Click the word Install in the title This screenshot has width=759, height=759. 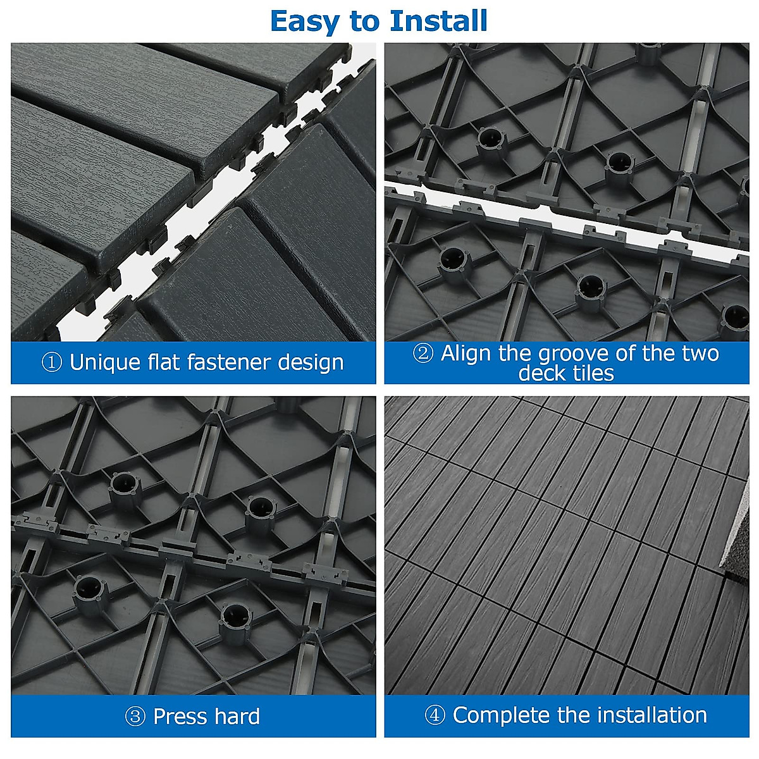[438, 21]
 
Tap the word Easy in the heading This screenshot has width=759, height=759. [305, 22]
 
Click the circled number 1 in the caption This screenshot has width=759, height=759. [51, 362]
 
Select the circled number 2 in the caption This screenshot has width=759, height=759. [423, 353]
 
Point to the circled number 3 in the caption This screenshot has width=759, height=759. [135, 717]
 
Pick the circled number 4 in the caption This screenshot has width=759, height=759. [435, 715]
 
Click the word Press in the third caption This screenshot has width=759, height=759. [180, 717]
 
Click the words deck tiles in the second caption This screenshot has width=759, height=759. [566, 373]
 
